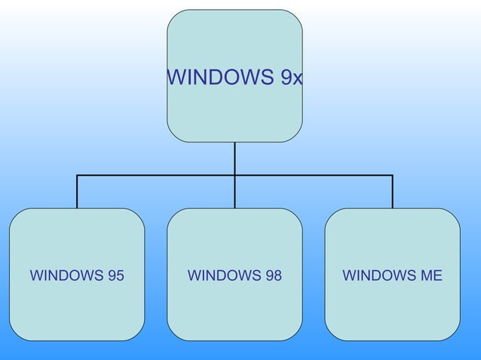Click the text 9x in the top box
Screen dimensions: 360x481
292,77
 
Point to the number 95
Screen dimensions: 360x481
115,276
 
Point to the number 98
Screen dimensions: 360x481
273,276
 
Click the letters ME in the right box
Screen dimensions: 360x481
431,276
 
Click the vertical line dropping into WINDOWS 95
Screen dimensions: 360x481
77,193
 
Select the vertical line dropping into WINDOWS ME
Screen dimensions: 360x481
392,193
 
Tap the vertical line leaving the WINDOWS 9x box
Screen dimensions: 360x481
234,158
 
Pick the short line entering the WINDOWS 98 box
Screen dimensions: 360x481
234,193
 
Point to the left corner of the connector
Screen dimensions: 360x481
77,175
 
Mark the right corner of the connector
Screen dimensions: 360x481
392,175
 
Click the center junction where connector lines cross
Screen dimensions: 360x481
234,175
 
